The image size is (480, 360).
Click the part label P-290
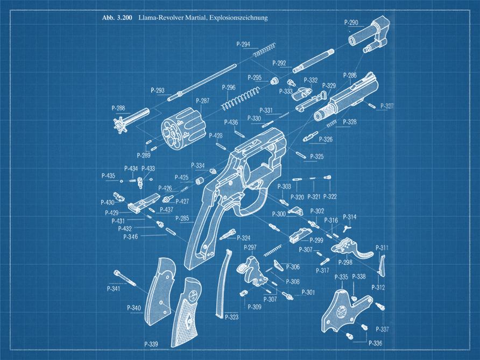[351, 23]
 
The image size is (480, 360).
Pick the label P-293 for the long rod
[158, 90]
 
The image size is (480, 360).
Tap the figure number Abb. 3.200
[117, 18]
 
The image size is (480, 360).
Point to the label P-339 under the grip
[151, 344]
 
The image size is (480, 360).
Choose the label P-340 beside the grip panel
[134, 308]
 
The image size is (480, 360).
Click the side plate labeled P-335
[341, 309]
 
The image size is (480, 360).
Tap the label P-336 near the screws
[376, 343]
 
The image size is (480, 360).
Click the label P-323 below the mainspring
[232, 317]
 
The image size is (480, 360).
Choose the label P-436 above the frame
[231, 123]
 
